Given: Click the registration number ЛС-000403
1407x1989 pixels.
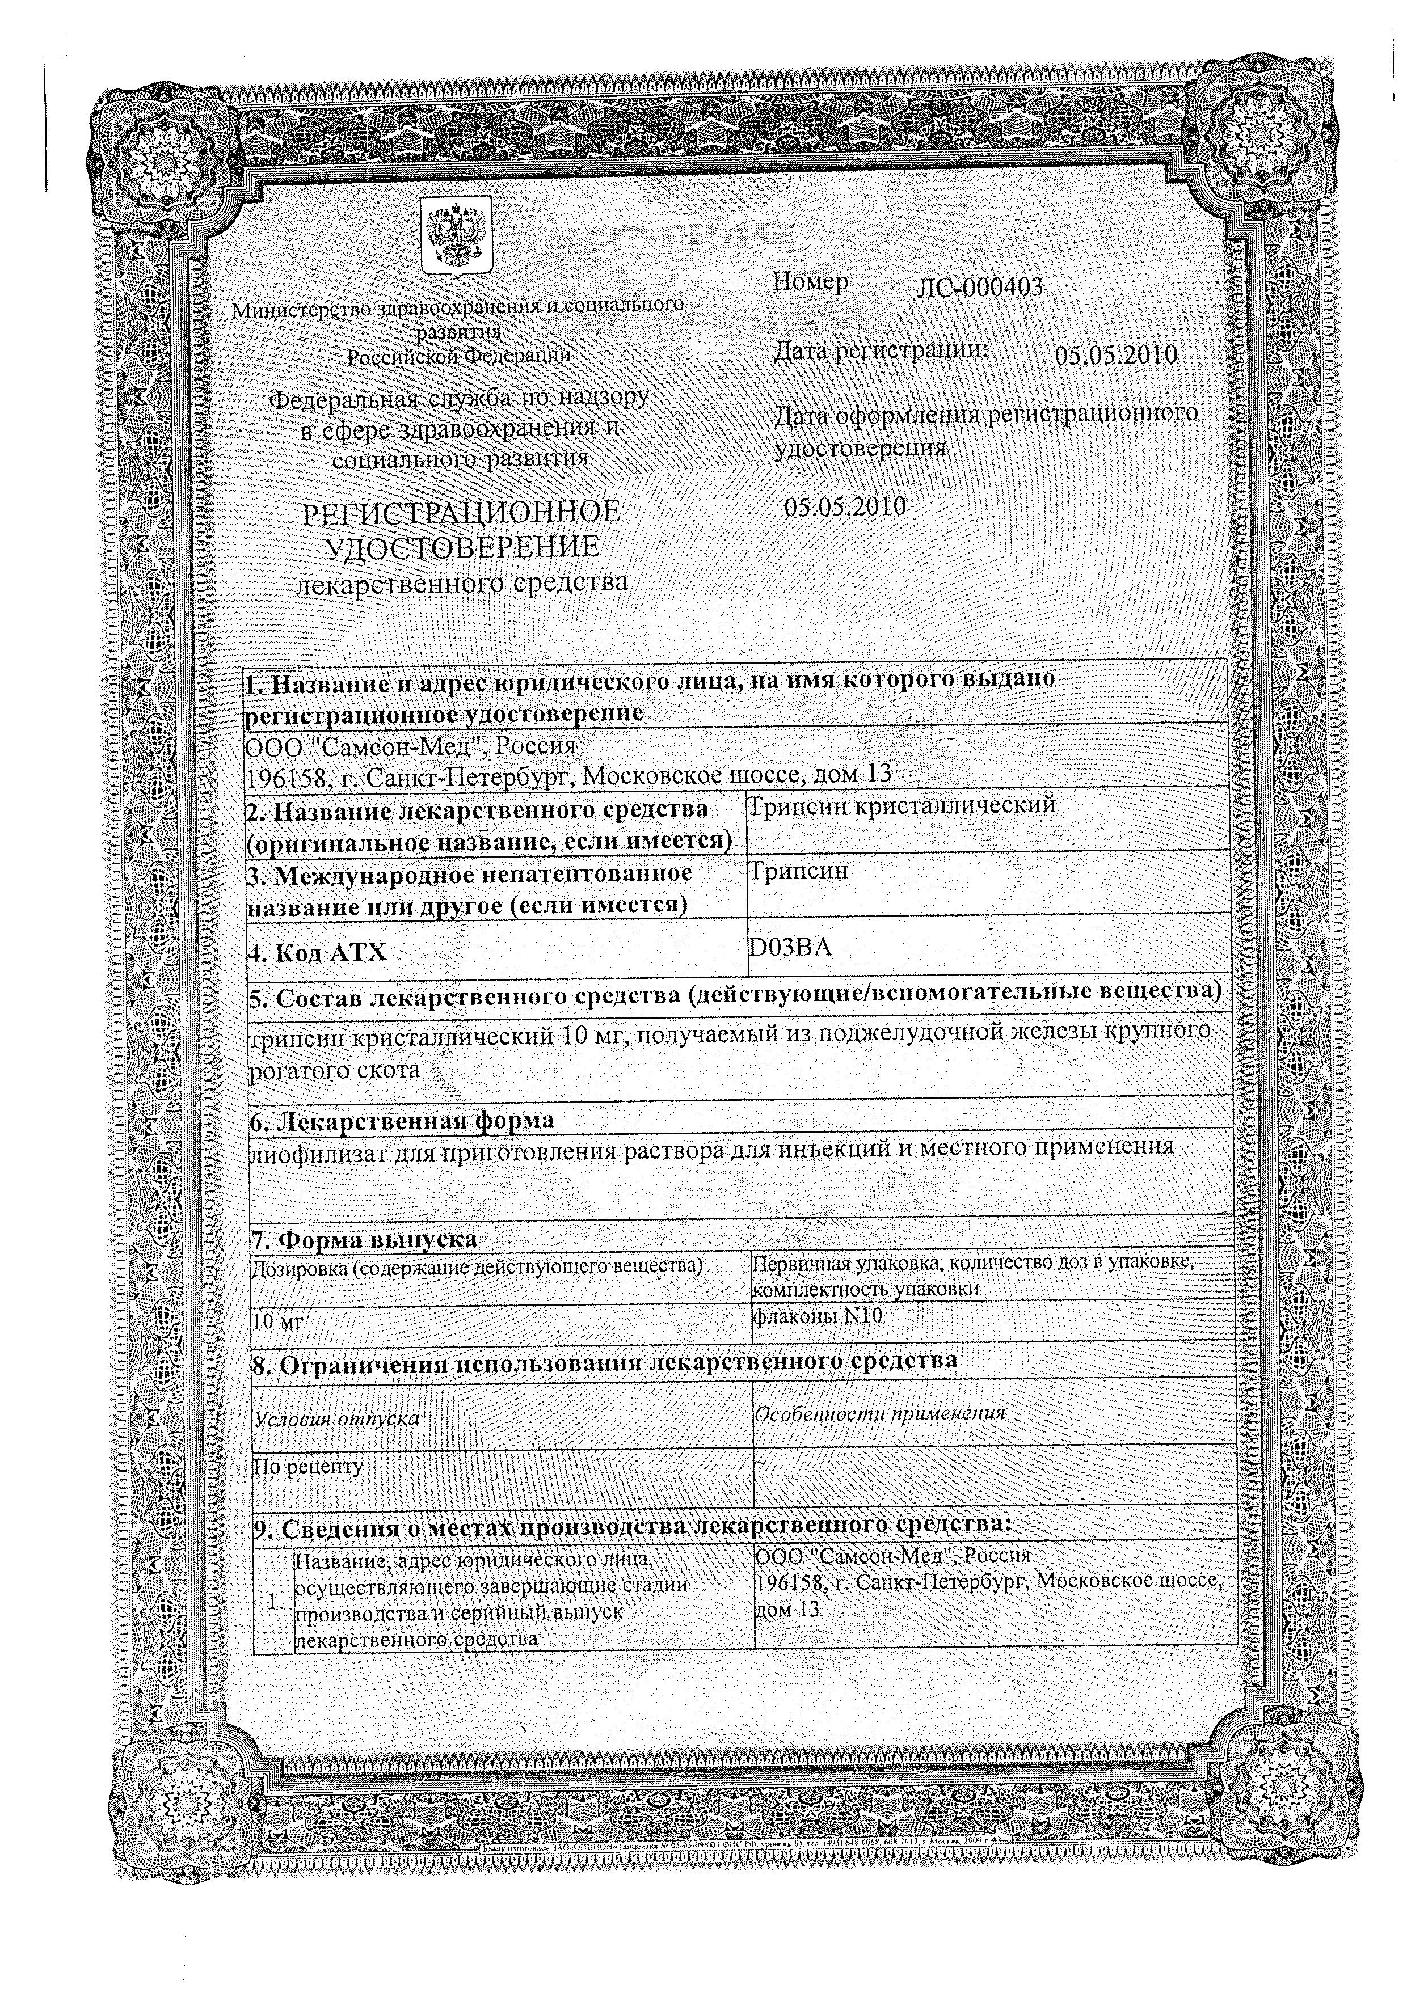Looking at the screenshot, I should [979, 288].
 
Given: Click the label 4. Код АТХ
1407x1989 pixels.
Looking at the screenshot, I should [317, 953].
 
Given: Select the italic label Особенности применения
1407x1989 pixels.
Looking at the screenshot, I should [881, 1413].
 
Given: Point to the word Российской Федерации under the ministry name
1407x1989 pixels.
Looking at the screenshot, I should [459, 355].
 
